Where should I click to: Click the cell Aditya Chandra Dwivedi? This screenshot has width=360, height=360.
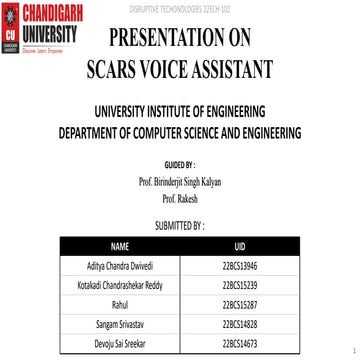pyautogui.click(x=120, y=241)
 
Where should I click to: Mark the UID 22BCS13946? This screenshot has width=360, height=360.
pyautogui.click(x=239, y=241)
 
